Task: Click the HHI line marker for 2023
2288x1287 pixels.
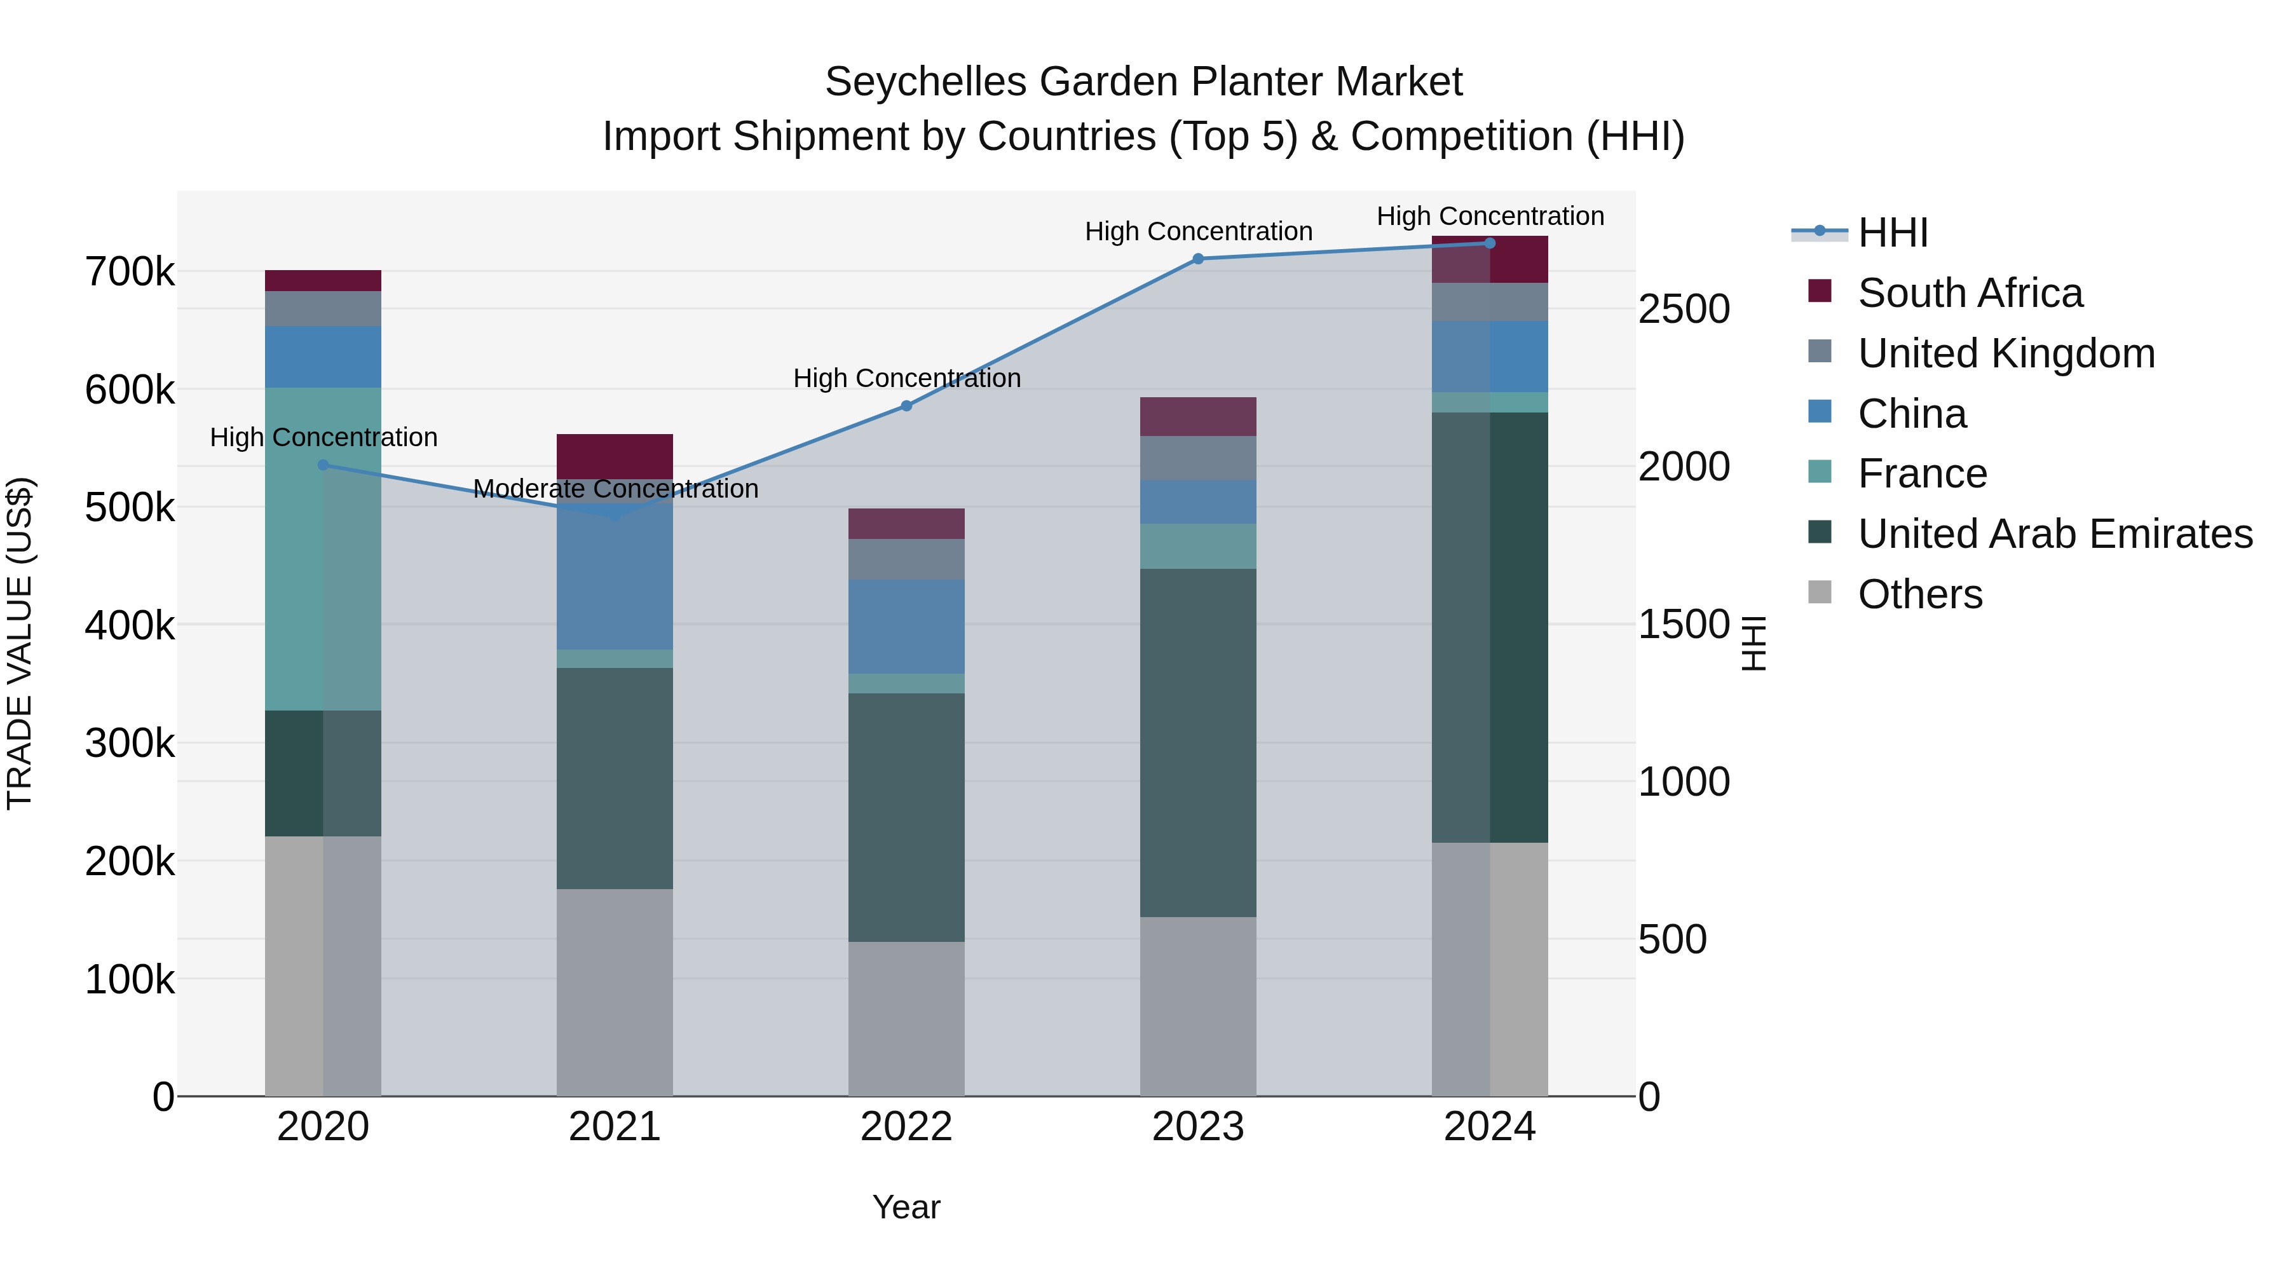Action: point(1197,259)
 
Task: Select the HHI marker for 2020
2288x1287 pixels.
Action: point(323,465)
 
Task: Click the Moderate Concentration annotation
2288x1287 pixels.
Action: point(615,489)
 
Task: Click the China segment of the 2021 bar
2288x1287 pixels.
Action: point(615,577)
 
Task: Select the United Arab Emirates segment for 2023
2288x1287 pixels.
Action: point(1197,742)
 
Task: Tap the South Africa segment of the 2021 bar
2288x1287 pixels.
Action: point(615,456)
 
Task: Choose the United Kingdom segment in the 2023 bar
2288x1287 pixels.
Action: point(1197,458)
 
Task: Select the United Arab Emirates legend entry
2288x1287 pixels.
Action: point(2054,534)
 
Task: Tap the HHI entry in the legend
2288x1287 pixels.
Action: point(1892,233)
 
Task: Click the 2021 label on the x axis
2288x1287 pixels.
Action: point(615,1127)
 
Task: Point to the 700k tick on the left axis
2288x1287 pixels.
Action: point(130,272)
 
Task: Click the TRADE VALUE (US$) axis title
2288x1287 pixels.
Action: point(20,643)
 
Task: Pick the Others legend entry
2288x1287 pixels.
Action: point(1919,594)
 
